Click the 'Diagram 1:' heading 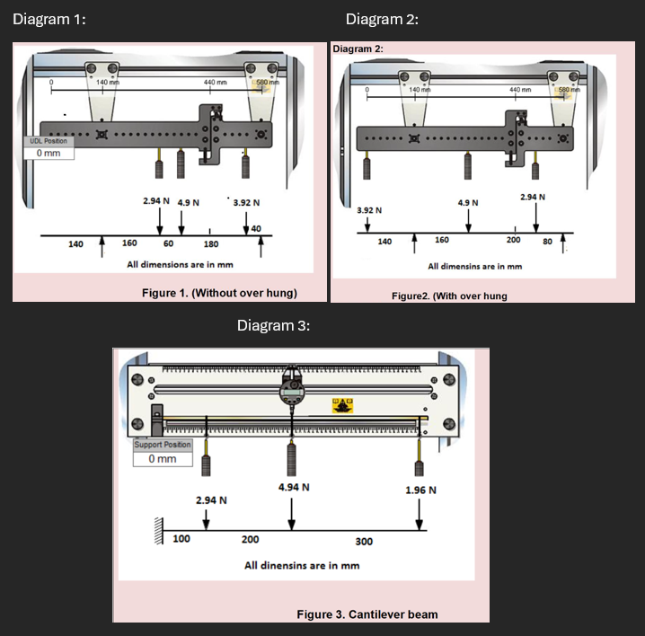point(49,21)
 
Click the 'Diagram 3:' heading point(273,325)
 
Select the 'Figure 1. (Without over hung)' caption point(219,293)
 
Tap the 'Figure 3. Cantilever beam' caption point(367,614)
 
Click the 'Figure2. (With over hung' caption point(449,296)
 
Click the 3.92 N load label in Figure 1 point(246,203)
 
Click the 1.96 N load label point(420,490)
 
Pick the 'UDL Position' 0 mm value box point(49,153)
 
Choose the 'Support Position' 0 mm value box point(163,459)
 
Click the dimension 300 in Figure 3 point(363,542)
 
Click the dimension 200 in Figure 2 point(513,241)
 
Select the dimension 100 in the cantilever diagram point(181,539)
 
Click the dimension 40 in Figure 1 point(256,230)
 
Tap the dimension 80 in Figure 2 point(547,241)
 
